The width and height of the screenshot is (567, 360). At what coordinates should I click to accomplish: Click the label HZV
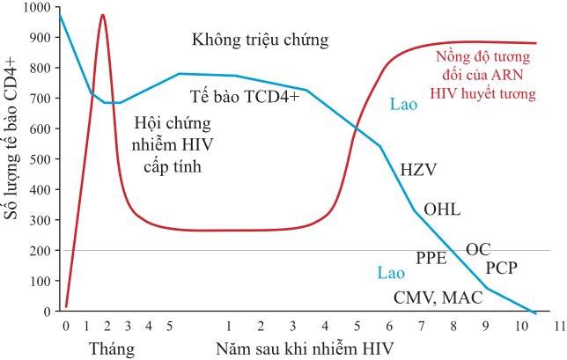(x=418, y=168)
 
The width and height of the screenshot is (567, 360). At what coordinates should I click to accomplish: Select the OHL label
(x=442, y=210)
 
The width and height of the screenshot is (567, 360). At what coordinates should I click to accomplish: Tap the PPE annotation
(x=431, y=258)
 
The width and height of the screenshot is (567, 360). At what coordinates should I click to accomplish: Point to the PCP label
(x=503, y=267)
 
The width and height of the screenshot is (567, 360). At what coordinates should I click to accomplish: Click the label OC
(x=478, y=249)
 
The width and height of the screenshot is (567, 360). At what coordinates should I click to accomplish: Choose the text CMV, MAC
(x=438, y=298)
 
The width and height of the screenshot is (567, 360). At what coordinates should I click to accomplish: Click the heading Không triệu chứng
(x=260, y=40)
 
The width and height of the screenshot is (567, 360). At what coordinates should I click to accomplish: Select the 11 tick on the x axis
(x=556, y=326)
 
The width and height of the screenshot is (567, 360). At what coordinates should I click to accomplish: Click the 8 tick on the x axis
(x=454, y=326)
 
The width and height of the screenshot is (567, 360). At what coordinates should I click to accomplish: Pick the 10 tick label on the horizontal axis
(x=517, y=326)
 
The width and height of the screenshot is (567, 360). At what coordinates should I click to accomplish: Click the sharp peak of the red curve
(x=103, y=16)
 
